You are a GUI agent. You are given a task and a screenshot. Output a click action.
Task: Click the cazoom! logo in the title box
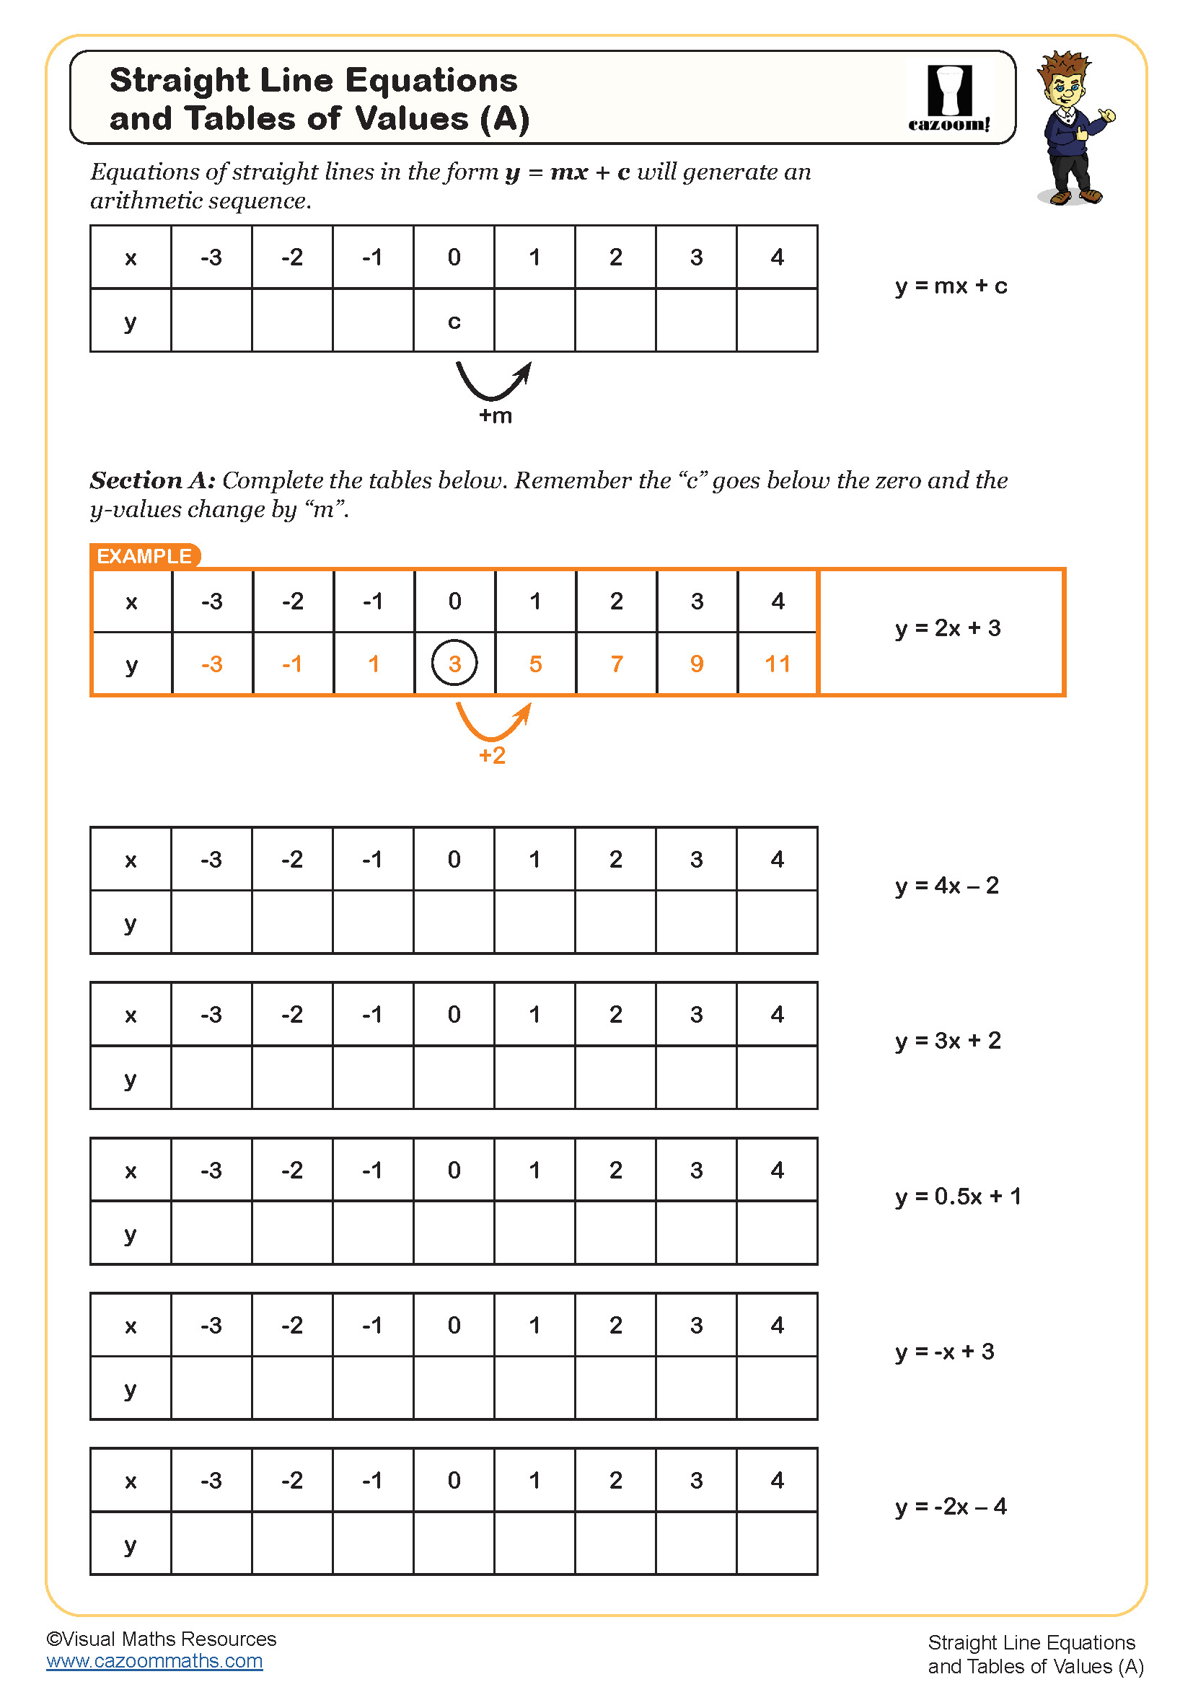(x=949, y=97)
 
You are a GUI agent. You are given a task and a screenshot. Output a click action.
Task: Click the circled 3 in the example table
(x=454, y=664)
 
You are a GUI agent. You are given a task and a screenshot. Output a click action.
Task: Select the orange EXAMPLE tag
(x=145, y=556)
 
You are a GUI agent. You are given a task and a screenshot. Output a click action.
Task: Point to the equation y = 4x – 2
(x=947, y=886)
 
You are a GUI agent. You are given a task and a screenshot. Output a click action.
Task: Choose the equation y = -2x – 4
(x=951, y=1507)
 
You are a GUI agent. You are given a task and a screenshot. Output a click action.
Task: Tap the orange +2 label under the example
(x=492, y=755)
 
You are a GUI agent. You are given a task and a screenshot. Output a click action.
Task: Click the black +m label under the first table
(x=495, y=416)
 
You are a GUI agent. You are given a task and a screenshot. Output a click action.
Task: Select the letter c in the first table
(x=454, y=322)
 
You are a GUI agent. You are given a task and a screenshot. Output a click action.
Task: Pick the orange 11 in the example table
(x=778, y=664)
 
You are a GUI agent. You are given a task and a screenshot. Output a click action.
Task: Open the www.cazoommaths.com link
(x=154, y=1660)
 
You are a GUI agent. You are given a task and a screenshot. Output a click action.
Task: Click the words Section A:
(x=153, y=480)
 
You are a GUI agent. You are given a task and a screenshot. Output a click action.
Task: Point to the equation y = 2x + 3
(x=948, y=628)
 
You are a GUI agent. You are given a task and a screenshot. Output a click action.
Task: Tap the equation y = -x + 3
(x=945, y=1351)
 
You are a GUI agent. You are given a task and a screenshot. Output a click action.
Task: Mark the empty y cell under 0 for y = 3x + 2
(x=454, y=1077)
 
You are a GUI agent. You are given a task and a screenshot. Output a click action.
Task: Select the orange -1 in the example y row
(x=292, y=664)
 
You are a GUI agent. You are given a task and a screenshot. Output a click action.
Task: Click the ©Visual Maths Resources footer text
(x=161, y=1639)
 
